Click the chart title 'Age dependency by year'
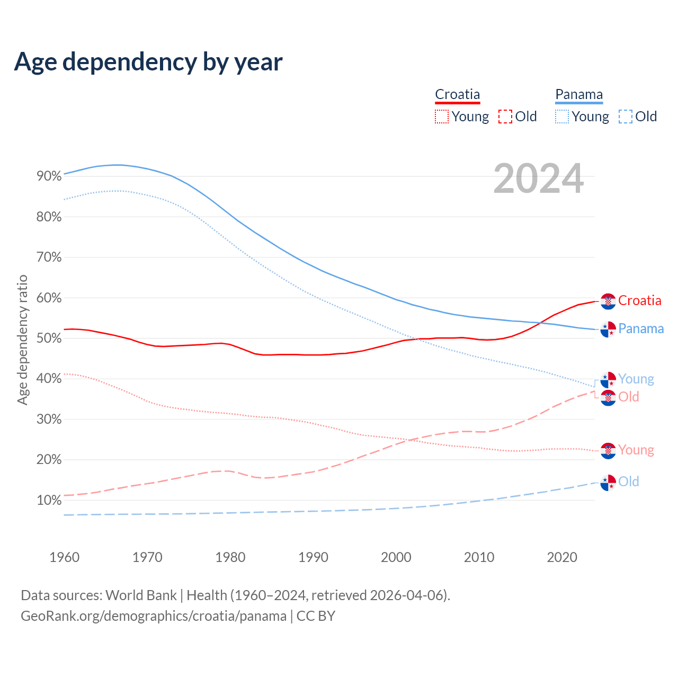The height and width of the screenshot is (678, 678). (x=148, y=62)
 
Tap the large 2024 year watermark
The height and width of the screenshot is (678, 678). (x=538, y=179)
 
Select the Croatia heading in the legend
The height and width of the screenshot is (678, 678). (x=457, y=95)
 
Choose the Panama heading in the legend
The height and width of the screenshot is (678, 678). (x=579, y=95)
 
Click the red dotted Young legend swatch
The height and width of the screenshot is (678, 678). (x=442, y=117)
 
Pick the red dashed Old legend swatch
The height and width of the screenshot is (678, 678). (x=505, y=117)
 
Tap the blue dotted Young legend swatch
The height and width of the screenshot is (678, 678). (x=562, y=117)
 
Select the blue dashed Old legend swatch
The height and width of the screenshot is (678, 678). (x=626, y=117)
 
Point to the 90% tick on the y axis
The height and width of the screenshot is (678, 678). (x=49, y=176)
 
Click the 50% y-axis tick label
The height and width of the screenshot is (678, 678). (x=49, y=338)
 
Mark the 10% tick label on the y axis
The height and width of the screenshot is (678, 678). (x=49, y=501)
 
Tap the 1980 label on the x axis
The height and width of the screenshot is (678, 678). (x=230, y=557)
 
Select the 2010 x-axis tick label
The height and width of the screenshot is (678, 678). (x=479, y=557)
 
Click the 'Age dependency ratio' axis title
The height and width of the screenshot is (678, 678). (x=22, y=340)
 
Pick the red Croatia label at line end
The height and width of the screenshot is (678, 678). (x=639, y=301)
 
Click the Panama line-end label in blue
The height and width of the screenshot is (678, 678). (x=641, y=329)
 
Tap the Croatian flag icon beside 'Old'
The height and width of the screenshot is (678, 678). (x=608, y=398)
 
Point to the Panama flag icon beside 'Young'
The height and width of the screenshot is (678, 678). (x=608, y=380)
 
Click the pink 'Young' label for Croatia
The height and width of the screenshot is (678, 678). (x=636, y=450)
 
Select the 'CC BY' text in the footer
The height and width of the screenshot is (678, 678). (x=316, y=616)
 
